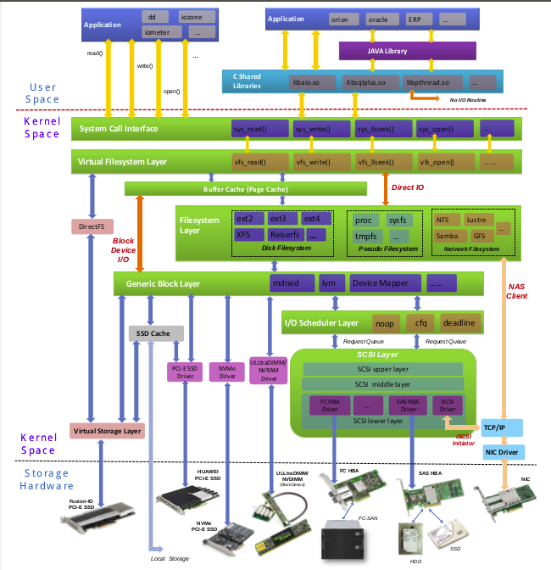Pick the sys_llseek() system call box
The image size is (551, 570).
pyautogui.click(x=376, y=130)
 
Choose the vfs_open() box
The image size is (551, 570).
pyautogui.click(x=437, y=161)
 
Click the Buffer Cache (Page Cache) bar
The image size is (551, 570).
pyautogui.click(x=245, y=188)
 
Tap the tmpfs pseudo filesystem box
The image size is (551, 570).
pyautogui.click(x=367, y=236)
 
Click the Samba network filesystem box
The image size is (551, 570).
pyautogui.click(x=448, y=235)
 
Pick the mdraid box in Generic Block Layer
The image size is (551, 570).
pyautogui.click(x=289, y=282)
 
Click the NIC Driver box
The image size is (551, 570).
pyautogui.click(x=501, y=451)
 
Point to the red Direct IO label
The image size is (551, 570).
pyautogui.click(x=409, y=187)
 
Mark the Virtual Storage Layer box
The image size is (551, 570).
pyautogui.click(x=108, y=431)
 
